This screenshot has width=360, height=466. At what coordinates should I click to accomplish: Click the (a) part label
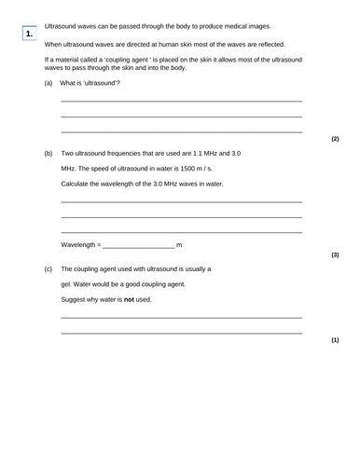[x=48, y=84]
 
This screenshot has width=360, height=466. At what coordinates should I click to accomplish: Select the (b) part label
[x=48, y=153]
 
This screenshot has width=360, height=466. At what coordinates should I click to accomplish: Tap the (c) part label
[x=48, y=268]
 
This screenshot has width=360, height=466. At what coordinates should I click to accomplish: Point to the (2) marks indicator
[x=335, y=138]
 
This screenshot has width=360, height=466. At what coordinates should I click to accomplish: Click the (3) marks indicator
[x=335, y=254]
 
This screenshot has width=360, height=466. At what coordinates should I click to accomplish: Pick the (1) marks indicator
[x=335, y=340]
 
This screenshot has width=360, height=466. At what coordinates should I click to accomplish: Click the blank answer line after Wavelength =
[x=138, y=246]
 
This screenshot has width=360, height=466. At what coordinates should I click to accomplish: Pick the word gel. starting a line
[x=67, y=283]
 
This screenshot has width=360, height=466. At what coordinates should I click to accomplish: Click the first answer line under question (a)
[x=181, y=101]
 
